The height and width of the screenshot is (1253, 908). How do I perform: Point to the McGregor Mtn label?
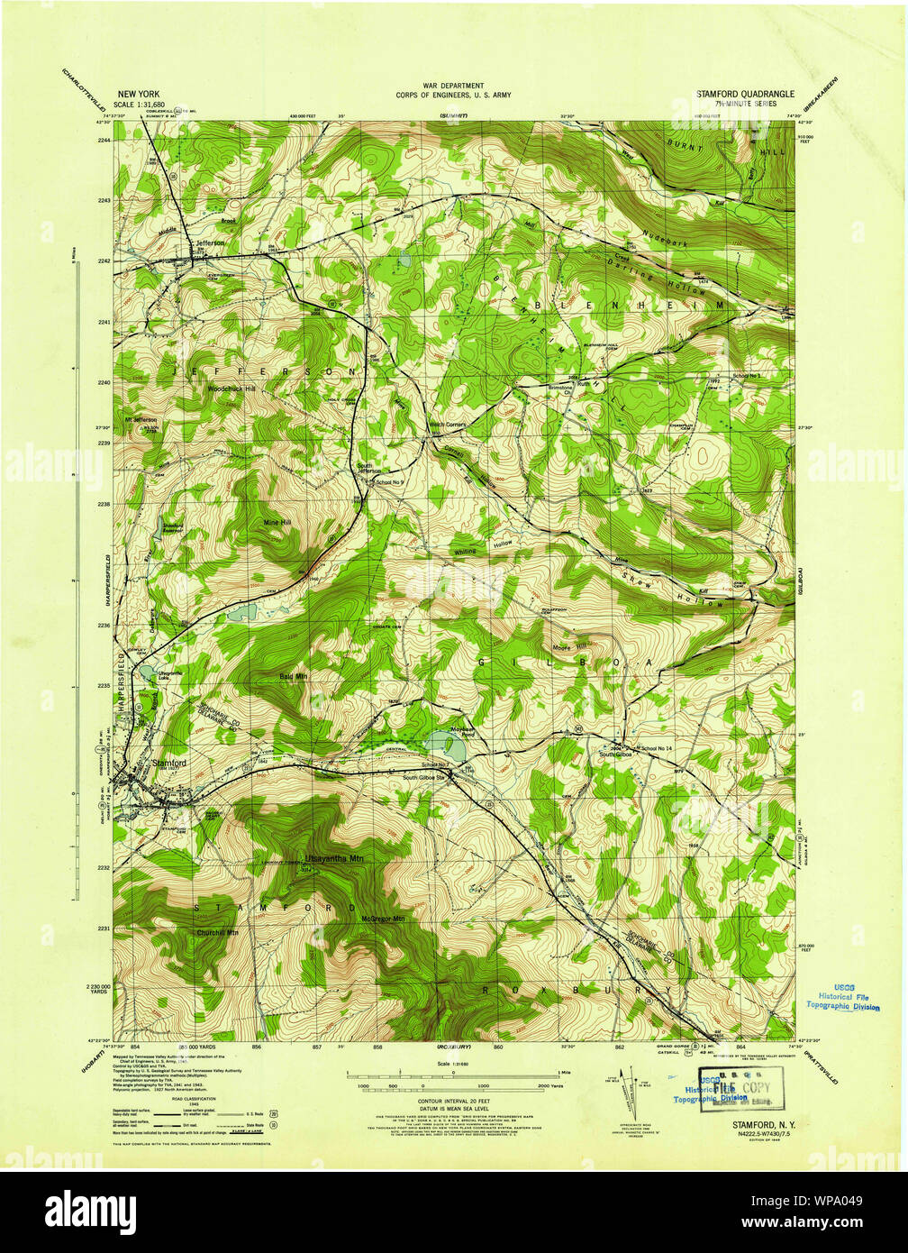[382, 919]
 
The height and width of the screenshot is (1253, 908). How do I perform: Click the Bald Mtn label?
[294, 675]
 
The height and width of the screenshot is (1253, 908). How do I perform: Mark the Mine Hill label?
[277, 522]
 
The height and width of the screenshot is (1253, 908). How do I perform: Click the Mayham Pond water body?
[441, 745]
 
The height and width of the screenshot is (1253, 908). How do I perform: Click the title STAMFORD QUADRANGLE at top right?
[744, 93]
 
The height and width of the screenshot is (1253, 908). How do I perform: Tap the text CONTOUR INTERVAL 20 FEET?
[452, 1102]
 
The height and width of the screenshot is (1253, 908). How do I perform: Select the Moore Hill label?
[569, 645]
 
